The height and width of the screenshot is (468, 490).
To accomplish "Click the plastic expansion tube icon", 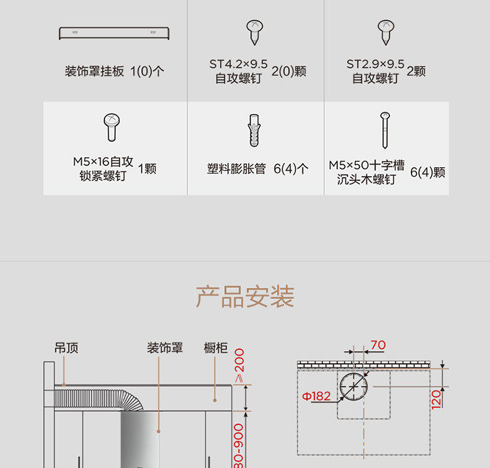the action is pos(254,131).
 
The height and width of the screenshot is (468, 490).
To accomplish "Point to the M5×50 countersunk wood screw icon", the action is pos(385,131).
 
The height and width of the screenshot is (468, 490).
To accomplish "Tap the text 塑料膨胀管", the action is pos(237,169).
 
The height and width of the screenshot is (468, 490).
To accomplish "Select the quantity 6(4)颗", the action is pos(428,173).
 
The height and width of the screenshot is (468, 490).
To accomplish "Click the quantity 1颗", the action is pos(147,169).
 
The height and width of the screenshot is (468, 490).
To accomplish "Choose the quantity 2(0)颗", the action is pos(289,71).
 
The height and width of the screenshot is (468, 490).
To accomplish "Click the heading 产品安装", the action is pos(245,296).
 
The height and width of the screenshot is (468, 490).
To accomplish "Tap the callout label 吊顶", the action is pos(66,349).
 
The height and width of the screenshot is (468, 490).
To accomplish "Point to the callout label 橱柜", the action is pos(216,349).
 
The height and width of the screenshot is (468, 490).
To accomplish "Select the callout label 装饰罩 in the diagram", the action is pos(165,349).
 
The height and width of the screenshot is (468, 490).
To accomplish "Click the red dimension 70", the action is pos(378,345).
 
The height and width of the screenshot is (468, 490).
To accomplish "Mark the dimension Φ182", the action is pos(316,396).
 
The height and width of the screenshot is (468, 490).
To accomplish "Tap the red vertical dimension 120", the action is pos(436,398).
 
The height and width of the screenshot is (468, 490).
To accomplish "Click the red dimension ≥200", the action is pos(239,366).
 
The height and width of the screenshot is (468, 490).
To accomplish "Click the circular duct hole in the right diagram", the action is pos(353,387).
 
